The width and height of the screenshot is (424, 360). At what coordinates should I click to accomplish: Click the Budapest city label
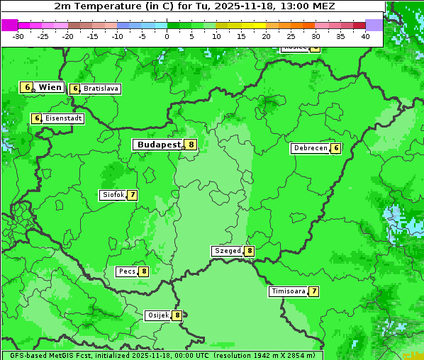(x=158, y=145)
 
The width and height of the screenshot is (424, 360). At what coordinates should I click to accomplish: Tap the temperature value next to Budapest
(x=191, y=145)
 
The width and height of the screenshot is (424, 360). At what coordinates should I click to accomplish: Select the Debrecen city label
(x=309, y=148)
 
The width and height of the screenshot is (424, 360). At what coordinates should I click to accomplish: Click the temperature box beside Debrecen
(x=335, y=148)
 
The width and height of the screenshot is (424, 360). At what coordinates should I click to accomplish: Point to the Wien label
(x=50, y=87)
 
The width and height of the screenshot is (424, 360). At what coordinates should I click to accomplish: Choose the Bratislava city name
(x=101, y=89)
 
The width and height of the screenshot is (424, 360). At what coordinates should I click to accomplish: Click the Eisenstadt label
(x=64, y=118)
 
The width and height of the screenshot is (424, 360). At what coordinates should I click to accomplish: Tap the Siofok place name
(x=112, y=195)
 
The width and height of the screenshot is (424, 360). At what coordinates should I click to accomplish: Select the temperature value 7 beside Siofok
(x=132, y=195)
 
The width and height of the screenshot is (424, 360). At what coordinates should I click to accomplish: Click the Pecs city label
(x=127, y=271)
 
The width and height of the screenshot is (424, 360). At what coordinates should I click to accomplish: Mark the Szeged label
(x=228, y=251)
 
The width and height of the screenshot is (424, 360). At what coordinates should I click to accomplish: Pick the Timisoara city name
(x=288, y=291)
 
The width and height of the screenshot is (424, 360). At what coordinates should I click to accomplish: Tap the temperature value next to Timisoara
(x=313, y=291)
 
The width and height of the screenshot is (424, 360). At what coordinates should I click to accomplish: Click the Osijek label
(x=157, y=315)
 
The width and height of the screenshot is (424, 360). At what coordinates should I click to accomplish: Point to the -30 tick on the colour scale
(x=18, y=36)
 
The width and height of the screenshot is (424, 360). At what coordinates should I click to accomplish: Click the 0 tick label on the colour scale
(x=167, y=36)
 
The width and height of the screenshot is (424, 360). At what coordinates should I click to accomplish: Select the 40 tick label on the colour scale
(x=365, y=36)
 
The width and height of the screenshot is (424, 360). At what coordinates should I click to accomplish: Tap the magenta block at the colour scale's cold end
(x=9, y=25)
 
